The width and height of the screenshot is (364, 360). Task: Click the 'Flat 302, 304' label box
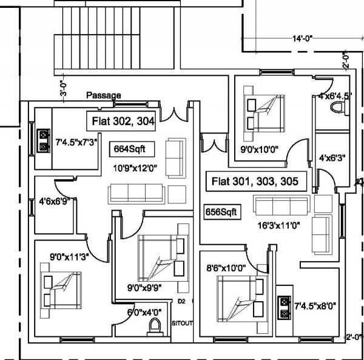(124, 121)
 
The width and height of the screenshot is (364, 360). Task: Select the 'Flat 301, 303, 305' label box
(254, 181)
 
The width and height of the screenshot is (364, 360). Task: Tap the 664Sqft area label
(130, 148)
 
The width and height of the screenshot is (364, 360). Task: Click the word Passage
(103, 95)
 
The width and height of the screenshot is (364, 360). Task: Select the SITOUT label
(182, 323)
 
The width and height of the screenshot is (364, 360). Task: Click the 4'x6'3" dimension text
(332, 158)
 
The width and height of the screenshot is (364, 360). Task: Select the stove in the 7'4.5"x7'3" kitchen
(44, 140)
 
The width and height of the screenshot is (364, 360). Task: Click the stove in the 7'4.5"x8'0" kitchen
(283, 308)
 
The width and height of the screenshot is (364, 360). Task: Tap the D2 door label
(181, 301)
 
